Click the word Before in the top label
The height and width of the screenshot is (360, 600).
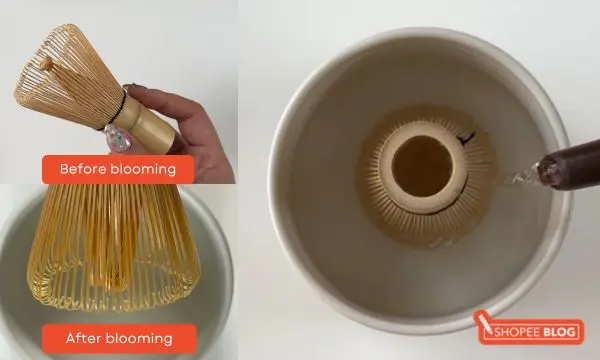(x=84, y=169)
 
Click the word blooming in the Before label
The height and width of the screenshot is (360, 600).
(x=142, y=169)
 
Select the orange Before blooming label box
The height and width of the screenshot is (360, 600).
(x=117, y=169)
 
